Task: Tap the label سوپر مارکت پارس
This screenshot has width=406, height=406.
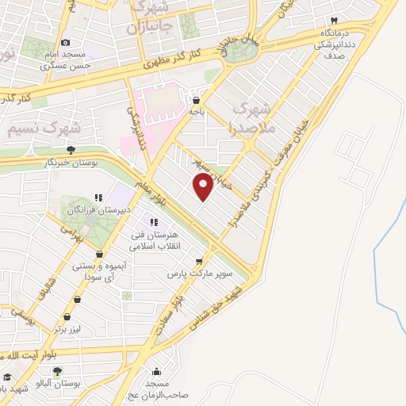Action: tap(199, 274)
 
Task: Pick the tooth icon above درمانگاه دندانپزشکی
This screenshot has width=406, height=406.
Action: tap(335, 20)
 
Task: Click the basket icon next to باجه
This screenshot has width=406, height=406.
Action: tap(196, 100)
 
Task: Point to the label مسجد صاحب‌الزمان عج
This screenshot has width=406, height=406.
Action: tap(157, 389)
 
